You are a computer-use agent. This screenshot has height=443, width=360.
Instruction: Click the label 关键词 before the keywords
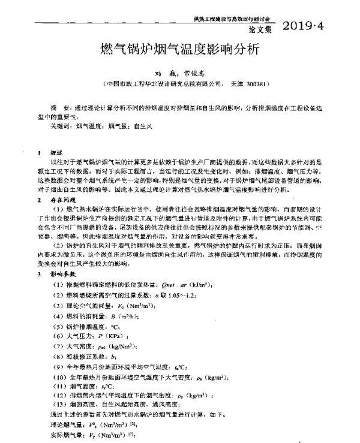tap(60, 126)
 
